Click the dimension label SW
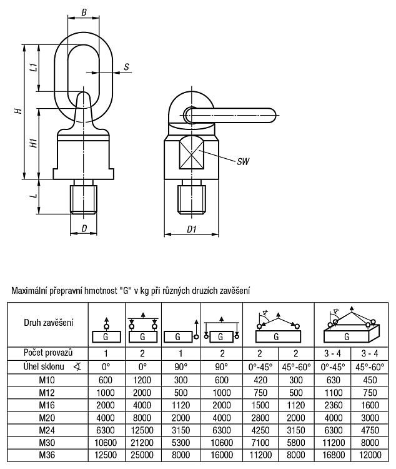pyautogui.click(x=243, y=161)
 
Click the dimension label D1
pyautogui.click(x=192, y=229)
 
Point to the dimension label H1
pyautogui.click(x=34, y=143)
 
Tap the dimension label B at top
pyautogui.click(x=84, y=13)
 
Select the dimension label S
pyautogui.click(x=127, y=67)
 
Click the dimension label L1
pyautogui.click(x=34, y=66)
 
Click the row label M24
pyautogui.click(x=47, y=430)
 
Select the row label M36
pyautogui.click(x=47, y=455)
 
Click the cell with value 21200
pyautogui.click(x=142, y=442)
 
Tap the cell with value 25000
pyautogui.click(x=142, y=455)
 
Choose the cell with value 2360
pyautogui.click(x=334, y=405)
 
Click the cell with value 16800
pyautogui.click(x=334, y=455)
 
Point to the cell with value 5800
pyautogui.click(x=296, y=442)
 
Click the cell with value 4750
pyautogui.click(x=370, y=430)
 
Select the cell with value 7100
pyautogui.click(x=260, y=442)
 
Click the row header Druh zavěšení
pyautogui.click(x=49, y=323)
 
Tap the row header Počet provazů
pyautogui.click(x=48, y=353)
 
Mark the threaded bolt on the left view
pyautogui.click(x=84, y=197)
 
